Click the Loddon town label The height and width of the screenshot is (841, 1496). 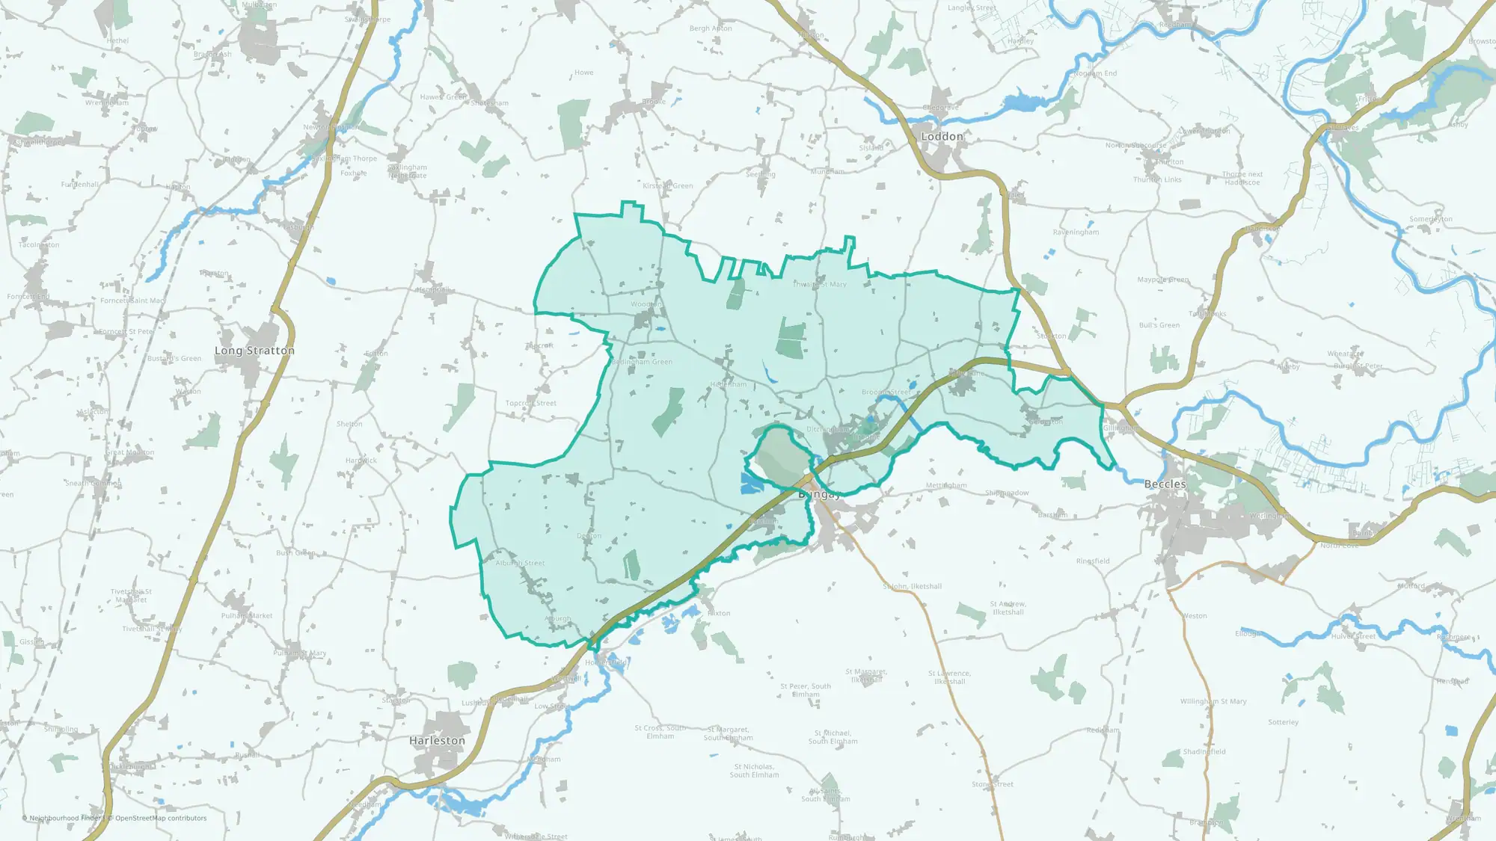coord(942,137)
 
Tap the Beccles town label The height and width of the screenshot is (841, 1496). coord(1165,484)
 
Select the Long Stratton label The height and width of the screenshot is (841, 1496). coord(254,351)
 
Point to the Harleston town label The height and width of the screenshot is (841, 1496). coord(437,741)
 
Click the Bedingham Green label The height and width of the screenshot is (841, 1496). coord(642,362)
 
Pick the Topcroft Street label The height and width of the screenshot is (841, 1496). coord(530,404)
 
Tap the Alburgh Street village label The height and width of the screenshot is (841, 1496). coord(520,563)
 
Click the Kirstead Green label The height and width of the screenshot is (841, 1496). coord(667,186)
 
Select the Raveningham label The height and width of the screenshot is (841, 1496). coord(1076,232)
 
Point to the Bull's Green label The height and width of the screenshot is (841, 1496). coord(1159,325)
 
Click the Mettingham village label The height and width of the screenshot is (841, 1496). coord(946,486)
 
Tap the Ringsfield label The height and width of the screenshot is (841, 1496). coord(1093,561)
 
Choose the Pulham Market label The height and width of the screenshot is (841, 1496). coord(247,616)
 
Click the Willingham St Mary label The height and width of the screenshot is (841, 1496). coord(1213,702)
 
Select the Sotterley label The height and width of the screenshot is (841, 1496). coord(1283,723)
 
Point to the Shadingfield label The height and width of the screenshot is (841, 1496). coord(1204,752)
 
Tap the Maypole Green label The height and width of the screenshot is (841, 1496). coord(1162,280)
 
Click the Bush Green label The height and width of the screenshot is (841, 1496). coord(295,553)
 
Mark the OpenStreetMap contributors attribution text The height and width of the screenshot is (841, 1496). coord(161,819)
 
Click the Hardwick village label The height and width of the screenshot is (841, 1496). coord(361,460)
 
